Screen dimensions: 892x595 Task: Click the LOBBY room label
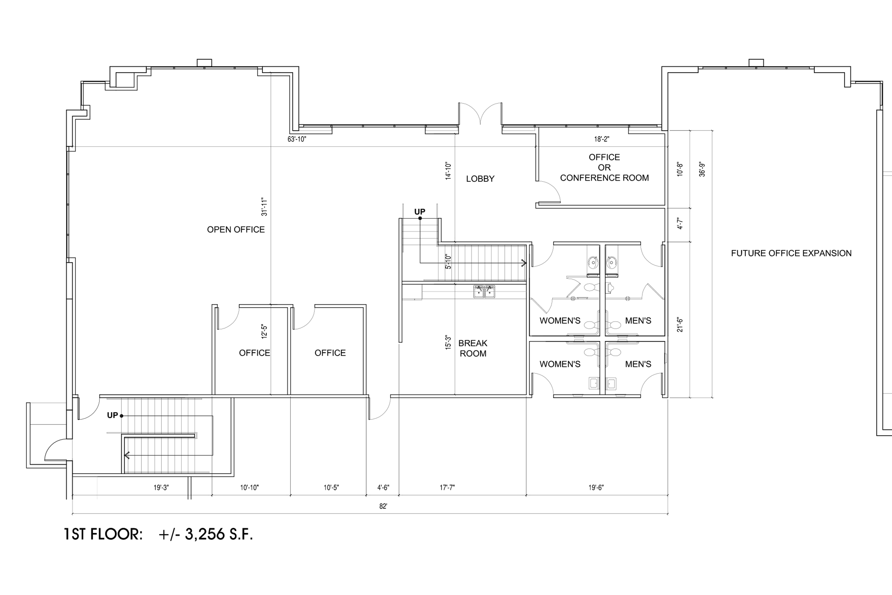[480, 179]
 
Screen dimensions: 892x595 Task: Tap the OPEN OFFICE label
[236, 230]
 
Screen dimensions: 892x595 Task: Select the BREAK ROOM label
[473, 348]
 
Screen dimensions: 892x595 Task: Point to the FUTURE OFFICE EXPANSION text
[792, 253]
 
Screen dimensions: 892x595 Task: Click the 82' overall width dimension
[383, 506]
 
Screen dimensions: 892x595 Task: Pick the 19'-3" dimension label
[161, 488]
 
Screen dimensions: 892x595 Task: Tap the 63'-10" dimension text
[296, 139]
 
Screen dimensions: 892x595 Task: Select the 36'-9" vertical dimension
[702, 170]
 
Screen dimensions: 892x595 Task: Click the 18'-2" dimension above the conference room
[602, 139]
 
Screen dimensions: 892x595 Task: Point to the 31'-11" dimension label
[264, 207]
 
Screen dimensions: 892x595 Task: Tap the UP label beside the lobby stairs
[420, 212]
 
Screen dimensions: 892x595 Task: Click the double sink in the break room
[484, 292]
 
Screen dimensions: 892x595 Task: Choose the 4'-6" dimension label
[383, 488]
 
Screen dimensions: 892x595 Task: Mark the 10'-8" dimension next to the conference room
[680, 170]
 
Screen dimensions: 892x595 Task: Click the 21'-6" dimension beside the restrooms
[680, 325]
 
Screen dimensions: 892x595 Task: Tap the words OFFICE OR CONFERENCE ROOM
[604, 167]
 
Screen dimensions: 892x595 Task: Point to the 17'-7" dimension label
[447, 488]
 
